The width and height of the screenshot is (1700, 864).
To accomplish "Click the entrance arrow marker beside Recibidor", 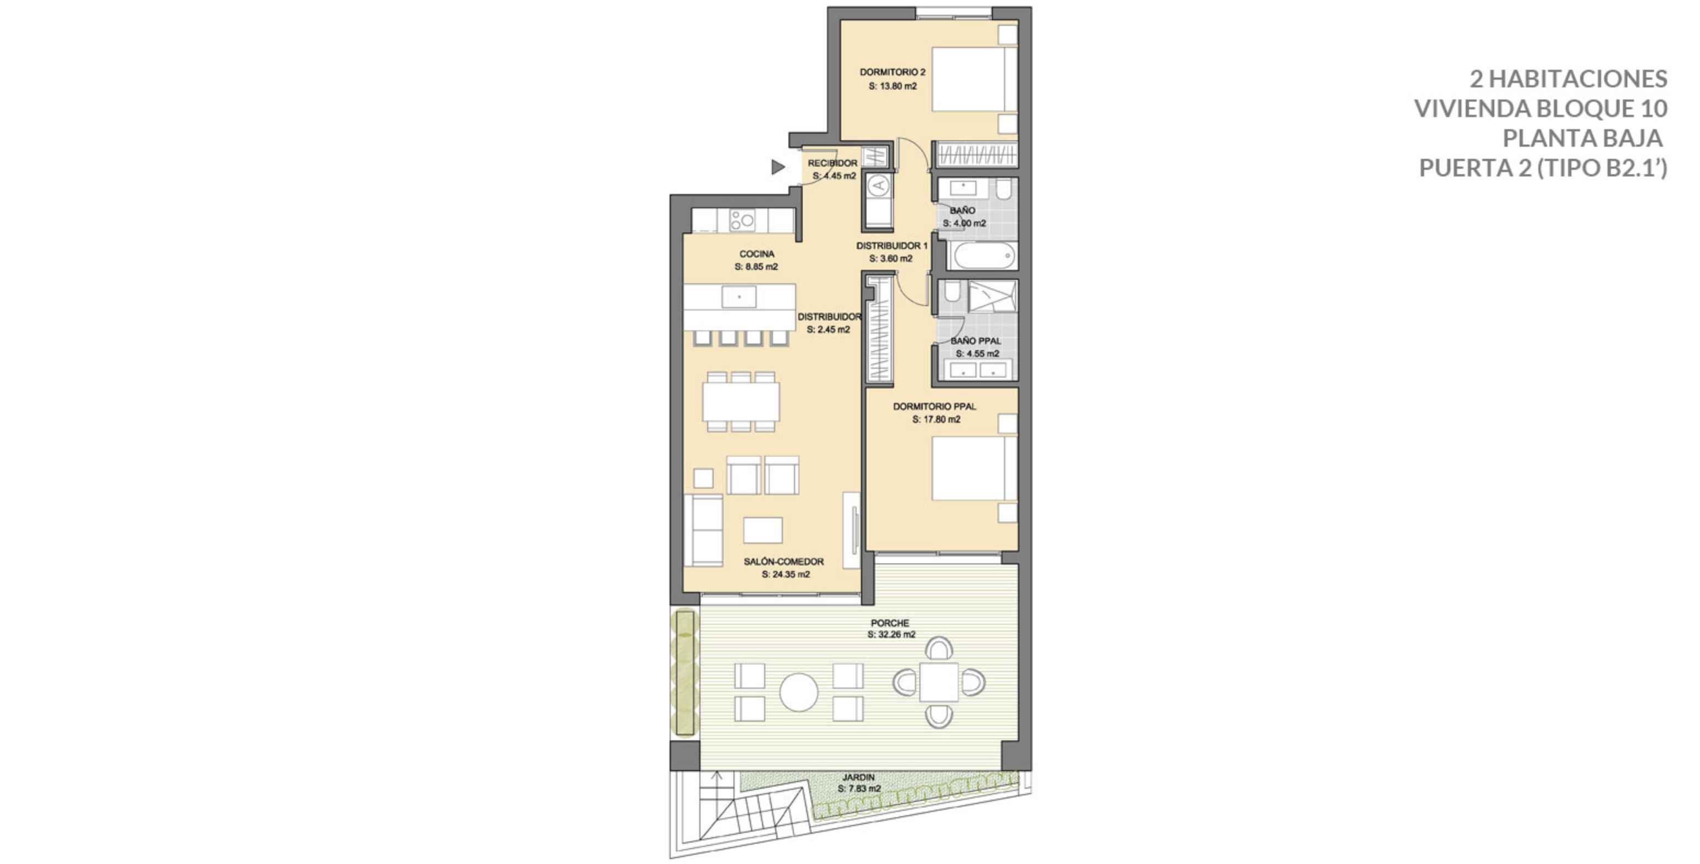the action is pos(777,168).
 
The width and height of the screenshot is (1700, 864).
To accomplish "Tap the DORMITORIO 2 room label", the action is pos(892,73).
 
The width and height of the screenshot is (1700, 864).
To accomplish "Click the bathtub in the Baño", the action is pos(983,255).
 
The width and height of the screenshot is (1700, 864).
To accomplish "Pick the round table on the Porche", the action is pos(798,692).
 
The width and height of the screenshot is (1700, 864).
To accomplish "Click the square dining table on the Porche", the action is pos(939,682).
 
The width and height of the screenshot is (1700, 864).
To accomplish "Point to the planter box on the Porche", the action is pos(685,673).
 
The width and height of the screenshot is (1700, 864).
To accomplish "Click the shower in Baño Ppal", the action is pos(992,296).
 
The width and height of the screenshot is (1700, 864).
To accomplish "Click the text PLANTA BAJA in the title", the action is pos(1582,139).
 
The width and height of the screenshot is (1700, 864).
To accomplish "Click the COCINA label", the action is pos(757,254).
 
